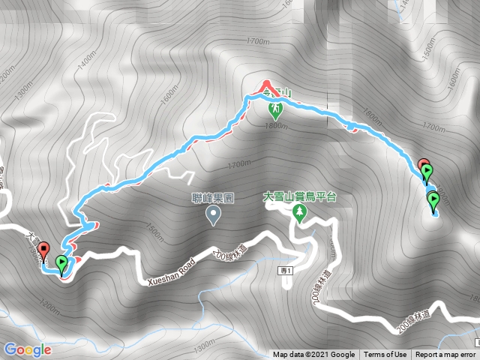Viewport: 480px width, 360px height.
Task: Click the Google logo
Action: coord(27,349)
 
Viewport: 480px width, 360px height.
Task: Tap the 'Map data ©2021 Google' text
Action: coord(313,355)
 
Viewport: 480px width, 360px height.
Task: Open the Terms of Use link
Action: coord(385,355)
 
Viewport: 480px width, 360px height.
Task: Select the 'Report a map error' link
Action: coord(445,355)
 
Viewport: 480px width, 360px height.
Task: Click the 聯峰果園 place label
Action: coord(214,200)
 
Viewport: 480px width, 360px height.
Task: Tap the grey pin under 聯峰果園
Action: coord(214,216)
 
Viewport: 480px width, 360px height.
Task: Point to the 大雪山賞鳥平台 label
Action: coord(299,196)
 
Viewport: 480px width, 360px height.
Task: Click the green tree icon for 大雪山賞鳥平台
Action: coord(299,213)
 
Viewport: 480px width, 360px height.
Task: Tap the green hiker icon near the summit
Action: coord(276,110)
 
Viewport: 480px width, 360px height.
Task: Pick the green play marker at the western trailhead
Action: coord(61,264)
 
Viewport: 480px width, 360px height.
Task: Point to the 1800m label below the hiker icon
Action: coord(276,125)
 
